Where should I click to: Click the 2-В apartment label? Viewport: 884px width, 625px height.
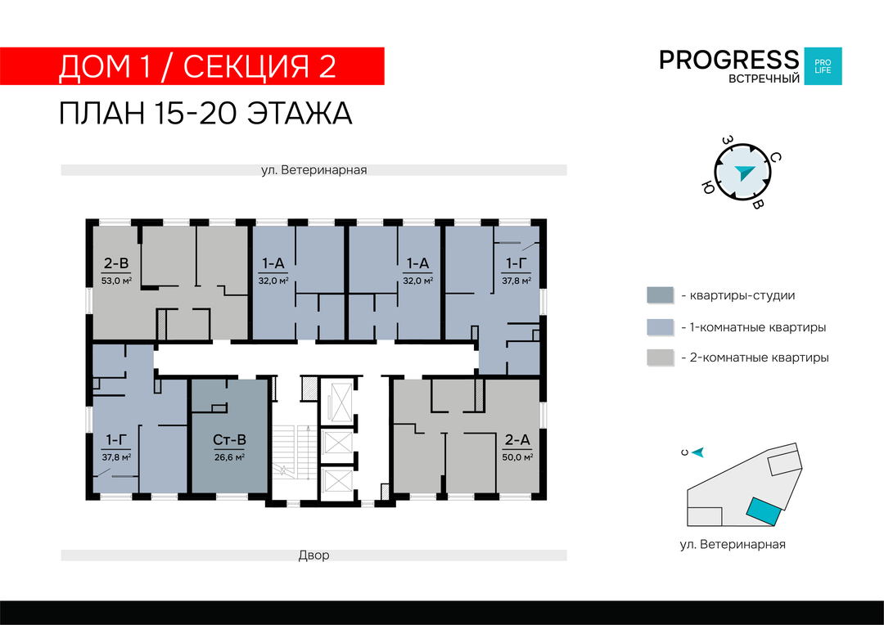116,263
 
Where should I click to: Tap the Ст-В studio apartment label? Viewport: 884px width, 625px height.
229,439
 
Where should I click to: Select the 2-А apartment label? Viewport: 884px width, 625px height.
517,439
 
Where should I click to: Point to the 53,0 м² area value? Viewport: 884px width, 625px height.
116,281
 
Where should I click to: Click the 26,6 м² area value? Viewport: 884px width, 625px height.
229,457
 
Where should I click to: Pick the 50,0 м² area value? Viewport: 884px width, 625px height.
517,457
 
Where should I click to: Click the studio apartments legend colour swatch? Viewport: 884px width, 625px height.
661,295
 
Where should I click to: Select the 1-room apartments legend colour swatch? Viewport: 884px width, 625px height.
661,327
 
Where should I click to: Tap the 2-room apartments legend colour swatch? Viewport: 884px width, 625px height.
661,357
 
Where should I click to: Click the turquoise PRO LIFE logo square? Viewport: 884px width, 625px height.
823,66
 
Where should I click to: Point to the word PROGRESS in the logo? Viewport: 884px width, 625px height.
729,60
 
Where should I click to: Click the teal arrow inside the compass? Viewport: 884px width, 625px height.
744,173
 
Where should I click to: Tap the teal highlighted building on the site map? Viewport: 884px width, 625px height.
764,512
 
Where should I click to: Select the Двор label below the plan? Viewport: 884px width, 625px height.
313,555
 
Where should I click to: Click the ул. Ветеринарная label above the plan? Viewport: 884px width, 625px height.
313,169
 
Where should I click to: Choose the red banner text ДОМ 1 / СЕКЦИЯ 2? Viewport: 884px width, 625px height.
197,66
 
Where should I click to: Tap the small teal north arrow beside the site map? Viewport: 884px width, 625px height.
698,452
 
